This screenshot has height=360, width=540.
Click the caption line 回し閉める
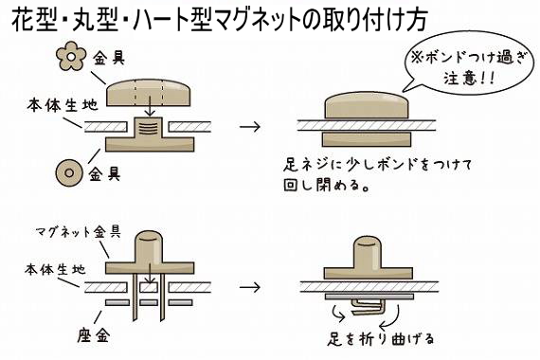tap(328, 184)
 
